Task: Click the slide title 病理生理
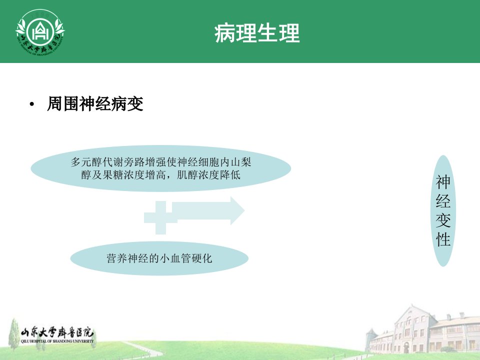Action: point(257,33)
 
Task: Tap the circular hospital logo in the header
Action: point(40,32)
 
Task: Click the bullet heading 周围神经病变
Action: point(95,103)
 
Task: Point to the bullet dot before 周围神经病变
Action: point(32,105)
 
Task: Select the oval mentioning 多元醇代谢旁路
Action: point(160,168)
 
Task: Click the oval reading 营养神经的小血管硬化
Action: point(159,258)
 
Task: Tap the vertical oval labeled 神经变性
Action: point(443,210)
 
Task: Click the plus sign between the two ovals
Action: point(160,217)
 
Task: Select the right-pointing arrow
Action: point(208,210)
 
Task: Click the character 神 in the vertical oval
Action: point(443,182)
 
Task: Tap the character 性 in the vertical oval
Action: point(443,239)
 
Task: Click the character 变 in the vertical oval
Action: point(443,220)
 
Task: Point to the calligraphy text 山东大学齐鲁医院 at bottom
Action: point(57,332)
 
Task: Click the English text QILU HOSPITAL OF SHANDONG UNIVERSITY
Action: point(57,341)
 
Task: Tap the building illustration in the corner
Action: point(422,331)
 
